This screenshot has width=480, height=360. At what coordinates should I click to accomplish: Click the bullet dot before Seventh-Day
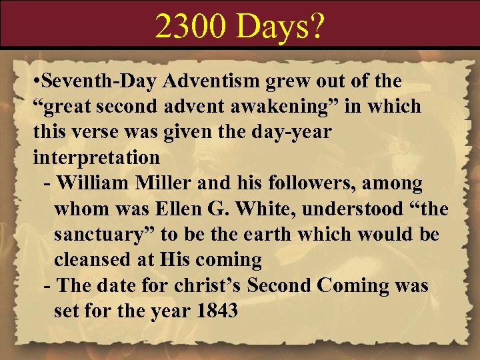point(37,82)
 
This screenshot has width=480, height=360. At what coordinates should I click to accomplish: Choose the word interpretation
point(96,157)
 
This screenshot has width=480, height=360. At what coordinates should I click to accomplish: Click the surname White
point(269,209)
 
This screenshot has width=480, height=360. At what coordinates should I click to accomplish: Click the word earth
point(303,234)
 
